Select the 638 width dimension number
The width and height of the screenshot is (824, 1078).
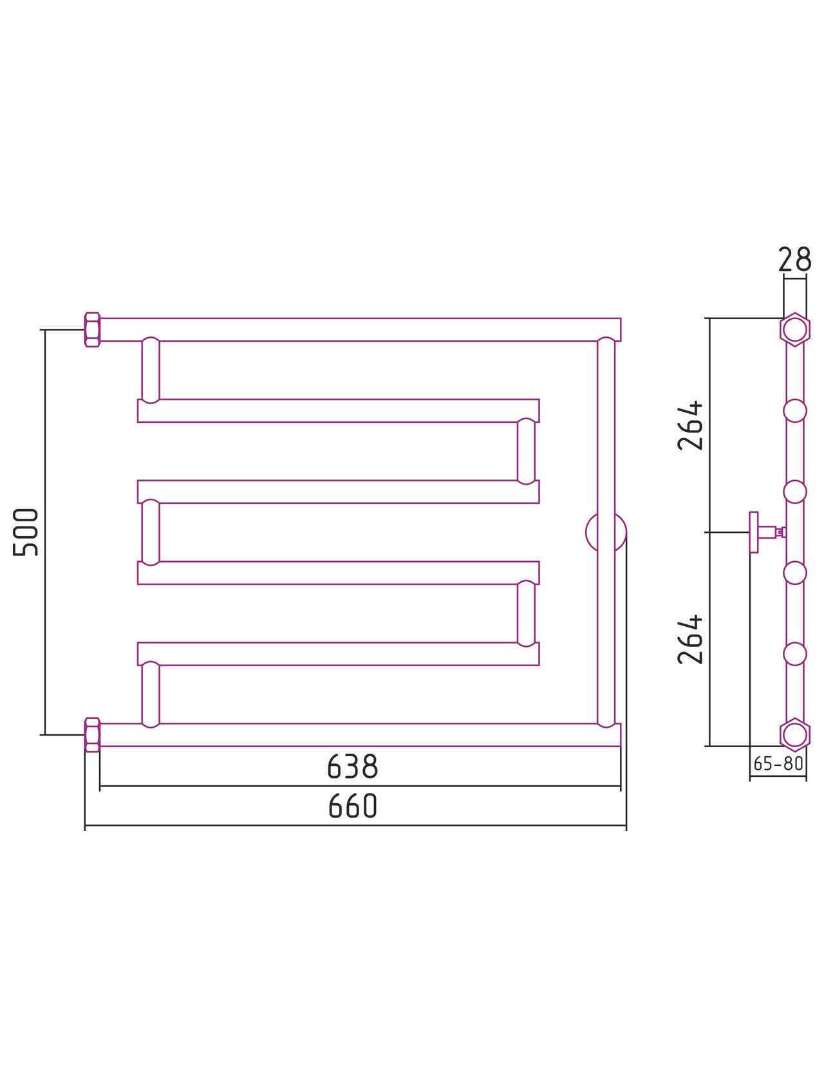(x=353, y=766)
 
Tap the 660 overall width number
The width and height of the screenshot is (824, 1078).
(x=353, y=805)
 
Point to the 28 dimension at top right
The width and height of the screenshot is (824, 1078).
(x=794, y=259)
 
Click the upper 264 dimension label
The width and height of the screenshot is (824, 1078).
(x=690, y=425)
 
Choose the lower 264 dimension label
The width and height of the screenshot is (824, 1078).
(x=690, y=640)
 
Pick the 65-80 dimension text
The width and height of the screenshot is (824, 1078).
(x=778, y=763)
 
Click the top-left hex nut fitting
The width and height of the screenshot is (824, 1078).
(x=92, y=330)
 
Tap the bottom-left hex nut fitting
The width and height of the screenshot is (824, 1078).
(x=92, y=735)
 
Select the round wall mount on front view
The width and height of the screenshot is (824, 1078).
(x=587, y=532)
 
